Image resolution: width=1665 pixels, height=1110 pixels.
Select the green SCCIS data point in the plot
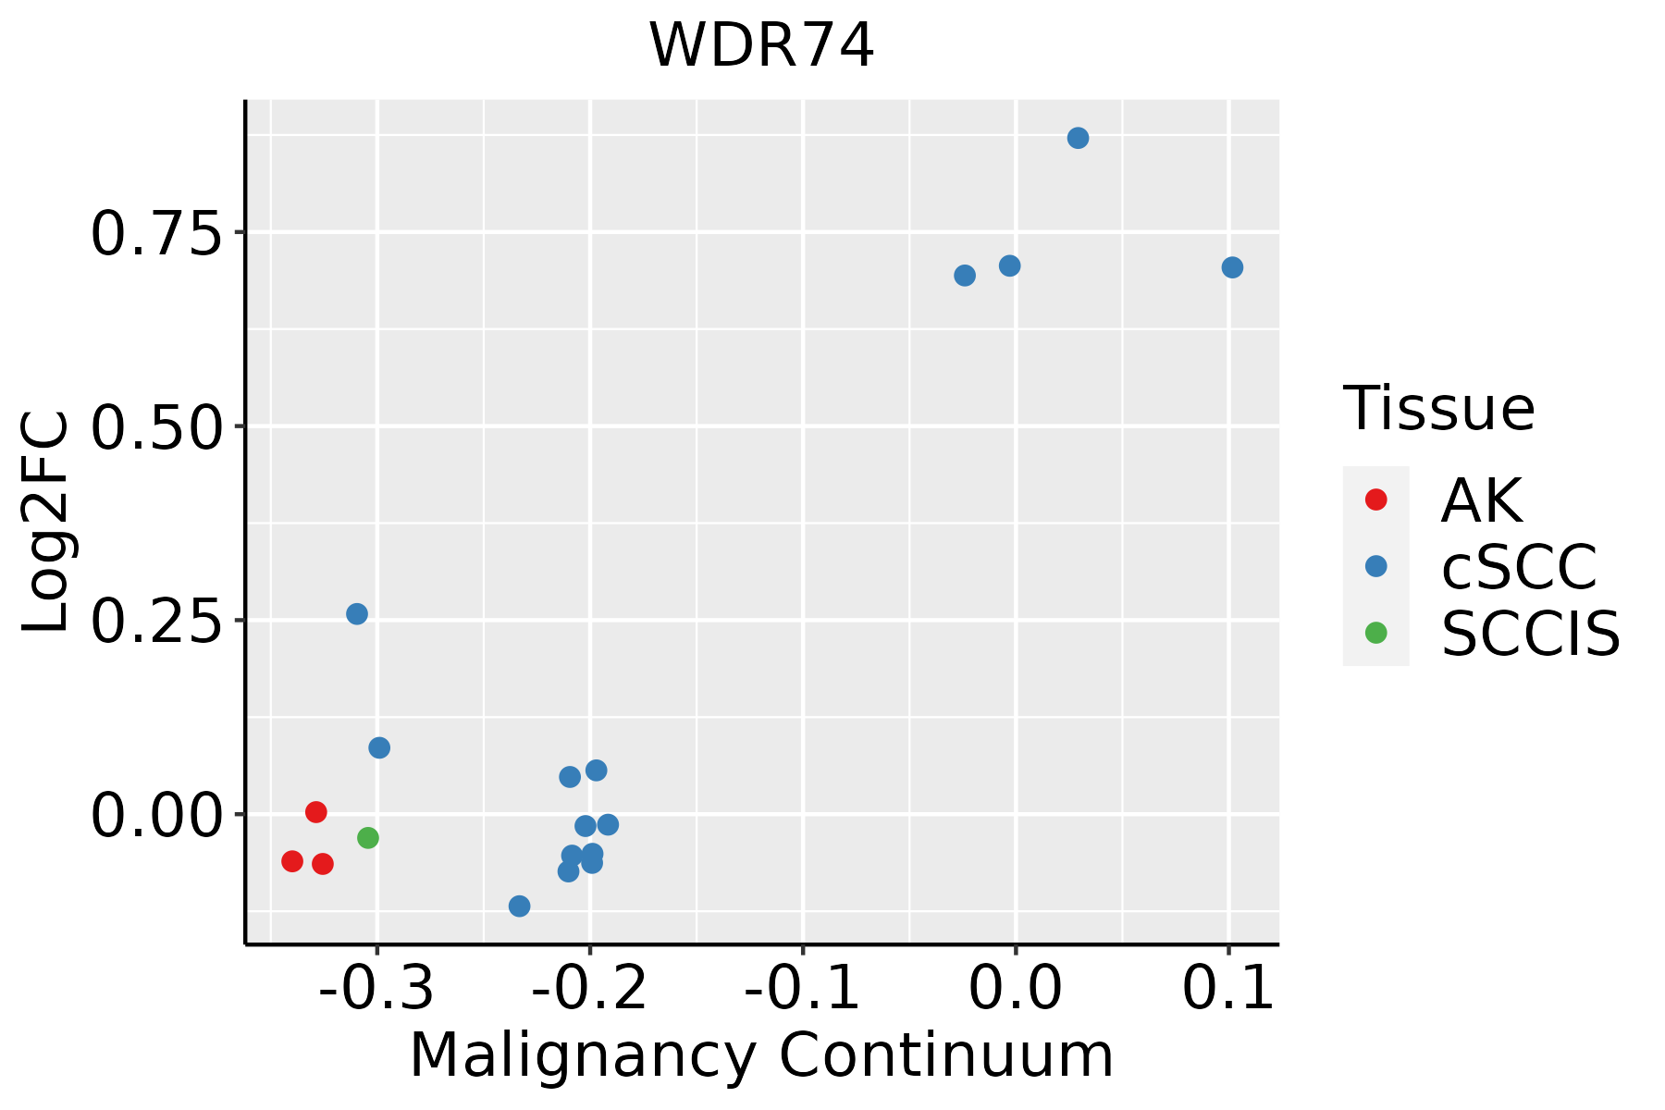[368, 838]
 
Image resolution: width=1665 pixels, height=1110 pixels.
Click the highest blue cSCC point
[1078, 139]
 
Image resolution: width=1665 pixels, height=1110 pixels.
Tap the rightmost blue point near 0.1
[1232, 267]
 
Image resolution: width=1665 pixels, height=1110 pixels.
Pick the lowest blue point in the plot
[520, 906]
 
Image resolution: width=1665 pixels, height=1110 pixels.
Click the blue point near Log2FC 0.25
[357, 614]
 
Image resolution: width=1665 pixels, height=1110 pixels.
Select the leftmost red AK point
[292, 861]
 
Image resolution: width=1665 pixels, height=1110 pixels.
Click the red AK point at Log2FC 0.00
[316, 812]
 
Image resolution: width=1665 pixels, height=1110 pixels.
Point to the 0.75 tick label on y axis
[156, 234]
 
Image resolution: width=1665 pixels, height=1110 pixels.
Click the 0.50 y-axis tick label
[156, 428]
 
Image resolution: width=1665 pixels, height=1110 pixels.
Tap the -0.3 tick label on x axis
[376, 989]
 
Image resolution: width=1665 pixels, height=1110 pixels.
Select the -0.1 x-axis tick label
[802, 989]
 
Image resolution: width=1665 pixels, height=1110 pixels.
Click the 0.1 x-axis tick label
[1228, 989]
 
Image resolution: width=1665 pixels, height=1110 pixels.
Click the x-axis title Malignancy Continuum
[761, 1055]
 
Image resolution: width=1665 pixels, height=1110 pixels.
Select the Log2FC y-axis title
[46, 523]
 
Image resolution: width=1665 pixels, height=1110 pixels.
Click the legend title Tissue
[1438, 408]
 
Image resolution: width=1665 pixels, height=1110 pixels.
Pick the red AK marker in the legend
[1376, 499]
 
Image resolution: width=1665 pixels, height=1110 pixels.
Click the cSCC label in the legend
[1519, 567]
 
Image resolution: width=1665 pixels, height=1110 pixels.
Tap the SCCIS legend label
[1530, 634]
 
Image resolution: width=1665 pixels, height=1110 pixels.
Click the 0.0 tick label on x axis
[1016, 989]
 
